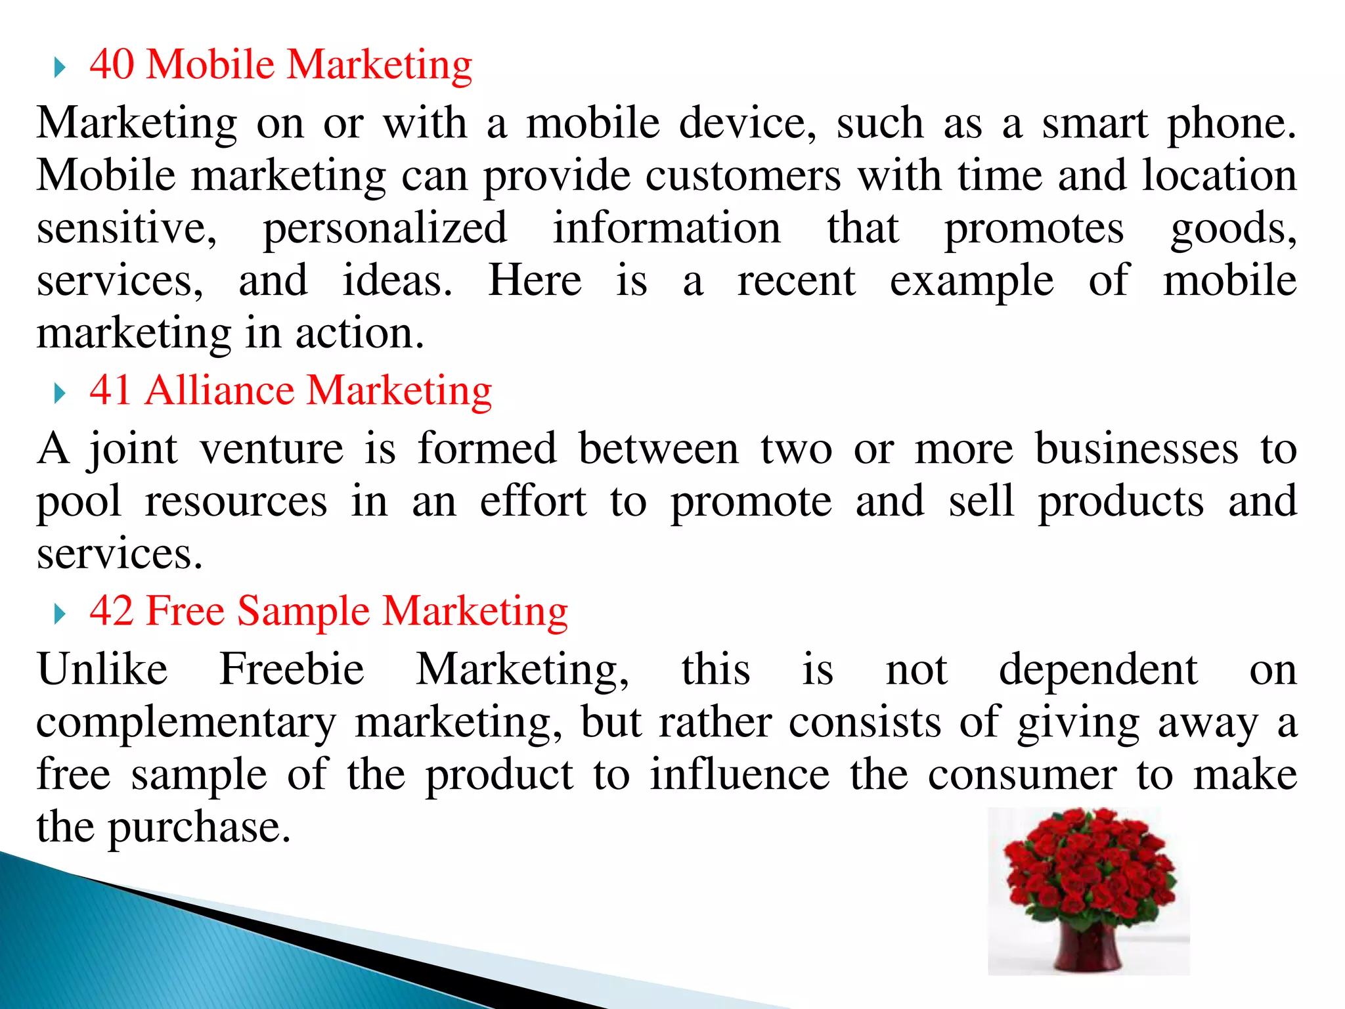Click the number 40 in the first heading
(x=112, y=64)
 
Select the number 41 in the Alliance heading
(x=111, y=390)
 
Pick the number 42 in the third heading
(x=112, y=611)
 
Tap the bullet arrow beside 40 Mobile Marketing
(x=60, y=67)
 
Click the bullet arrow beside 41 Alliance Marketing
(x=60, y=393)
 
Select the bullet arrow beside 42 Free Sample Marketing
(x=60, y=614)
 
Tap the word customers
(x=743, y=176)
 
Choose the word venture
(x=271, y=449)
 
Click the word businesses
(x=1137, y=449)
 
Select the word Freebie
(x=292, y=669)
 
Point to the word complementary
(x=186, y=723)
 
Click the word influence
(x=740, y=774)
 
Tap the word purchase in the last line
(x=198, y=828)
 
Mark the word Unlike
(x=102, y=669)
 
